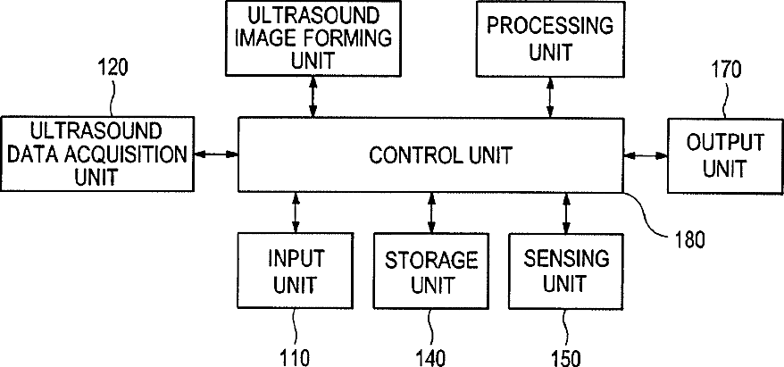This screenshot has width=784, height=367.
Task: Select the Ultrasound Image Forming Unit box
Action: point(312,38)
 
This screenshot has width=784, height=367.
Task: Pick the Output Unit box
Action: point(724,155)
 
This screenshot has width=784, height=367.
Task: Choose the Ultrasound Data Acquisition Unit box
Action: point(96,153)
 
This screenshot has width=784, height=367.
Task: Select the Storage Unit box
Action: point(432,272)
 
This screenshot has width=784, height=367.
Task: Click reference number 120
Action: point(112,68)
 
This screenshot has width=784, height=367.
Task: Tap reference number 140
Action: point(432,357)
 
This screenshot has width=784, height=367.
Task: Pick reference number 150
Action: point(565,357)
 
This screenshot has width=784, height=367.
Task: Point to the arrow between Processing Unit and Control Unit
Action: point(549,96)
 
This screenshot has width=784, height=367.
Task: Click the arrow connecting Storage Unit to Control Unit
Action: point(432,213)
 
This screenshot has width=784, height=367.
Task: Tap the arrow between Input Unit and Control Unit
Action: point(296,213)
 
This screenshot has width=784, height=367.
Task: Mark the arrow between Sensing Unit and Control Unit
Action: point(566,213)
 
